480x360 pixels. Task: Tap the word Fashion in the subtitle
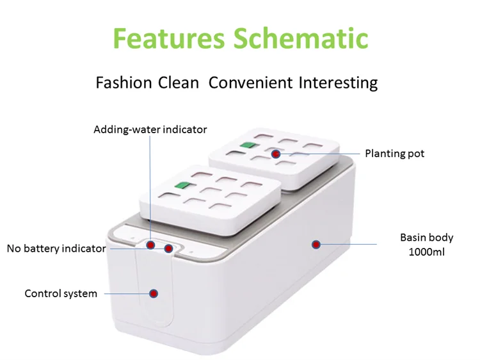point(124,83)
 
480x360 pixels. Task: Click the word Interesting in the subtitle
point(336,83)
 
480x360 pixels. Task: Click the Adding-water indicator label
point(150,129)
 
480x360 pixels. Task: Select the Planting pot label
point(394,153)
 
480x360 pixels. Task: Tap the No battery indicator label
point(56,249)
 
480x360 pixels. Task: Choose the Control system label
point(61,293)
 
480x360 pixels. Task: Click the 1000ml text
point(426,251)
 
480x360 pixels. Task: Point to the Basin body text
point(426,238)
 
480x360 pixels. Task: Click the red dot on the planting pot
point(276,154)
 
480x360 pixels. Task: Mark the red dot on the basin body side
point(316,244)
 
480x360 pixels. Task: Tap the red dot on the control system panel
point(154,293)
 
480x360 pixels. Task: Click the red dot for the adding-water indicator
point(150,244)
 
